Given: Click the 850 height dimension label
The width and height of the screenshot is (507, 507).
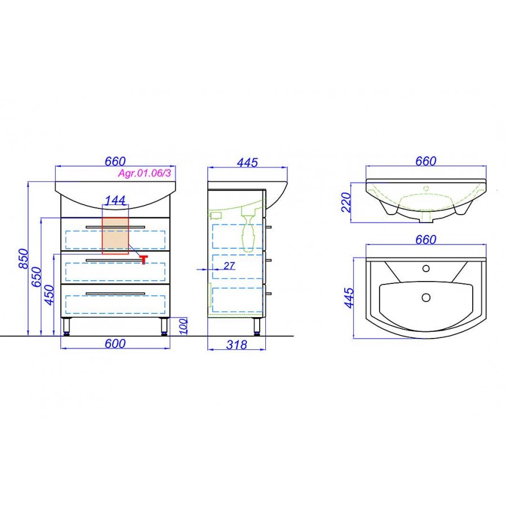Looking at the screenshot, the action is [x=24, y=259].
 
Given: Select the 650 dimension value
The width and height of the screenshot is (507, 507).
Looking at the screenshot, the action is [x=37, y=277].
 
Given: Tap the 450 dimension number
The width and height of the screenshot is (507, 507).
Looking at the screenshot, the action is [x=50, y=295].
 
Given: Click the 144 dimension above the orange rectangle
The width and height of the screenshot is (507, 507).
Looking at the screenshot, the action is [x=115, y=200].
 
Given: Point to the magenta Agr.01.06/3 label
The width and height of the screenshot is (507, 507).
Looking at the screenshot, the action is [x=144, y=174].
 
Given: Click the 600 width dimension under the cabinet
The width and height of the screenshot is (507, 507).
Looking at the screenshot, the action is [x=115, y=344].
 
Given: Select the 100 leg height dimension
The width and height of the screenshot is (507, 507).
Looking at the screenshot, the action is [x=183, y=326].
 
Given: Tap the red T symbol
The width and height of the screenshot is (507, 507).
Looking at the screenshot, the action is [x=144, y=259].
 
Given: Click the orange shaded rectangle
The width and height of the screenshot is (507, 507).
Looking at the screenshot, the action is [x=115, y=235].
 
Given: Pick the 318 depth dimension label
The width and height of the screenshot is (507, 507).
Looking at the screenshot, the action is [x=237, y=345].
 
